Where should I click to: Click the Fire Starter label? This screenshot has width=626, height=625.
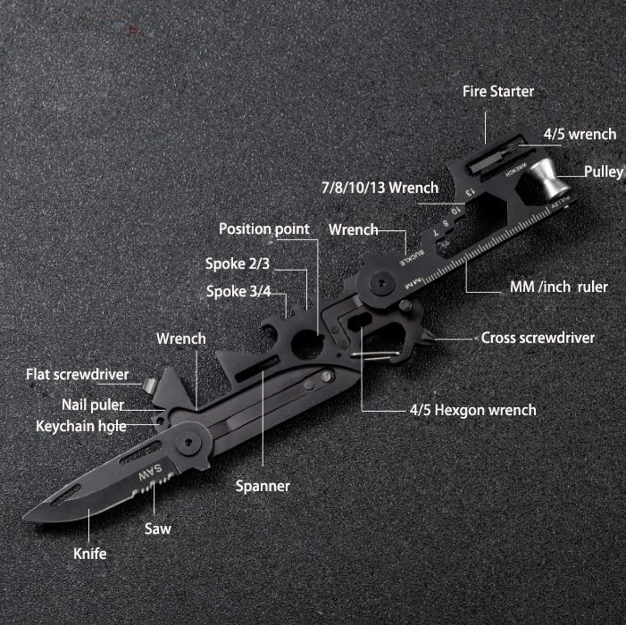point(497,91)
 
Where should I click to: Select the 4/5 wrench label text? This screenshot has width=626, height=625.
point(580,134)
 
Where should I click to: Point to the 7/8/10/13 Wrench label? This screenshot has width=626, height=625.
point(380,187)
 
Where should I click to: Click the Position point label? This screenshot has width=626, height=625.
point(264,229)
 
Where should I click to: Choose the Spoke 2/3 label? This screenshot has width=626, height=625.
point(237,263)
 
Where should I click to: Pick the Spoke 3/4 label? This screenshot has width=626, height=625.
point(237,291)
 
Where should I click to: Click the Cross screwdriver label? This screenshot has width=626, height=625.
point(538,337)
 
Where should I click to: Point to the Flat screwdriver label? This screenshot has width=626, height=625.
point(77,374)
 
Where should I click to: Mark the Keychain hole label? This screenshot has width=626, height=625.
point(80,426)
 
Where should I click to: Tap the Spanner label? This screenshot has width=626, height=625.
point(263,486)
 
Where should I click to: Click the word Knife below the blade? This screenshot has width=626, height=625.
point(89,554)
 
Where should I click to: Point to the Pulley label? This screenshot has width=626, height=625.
point(603,171)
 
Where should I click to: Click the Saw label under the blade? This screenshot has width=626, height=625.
point(158,528)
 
